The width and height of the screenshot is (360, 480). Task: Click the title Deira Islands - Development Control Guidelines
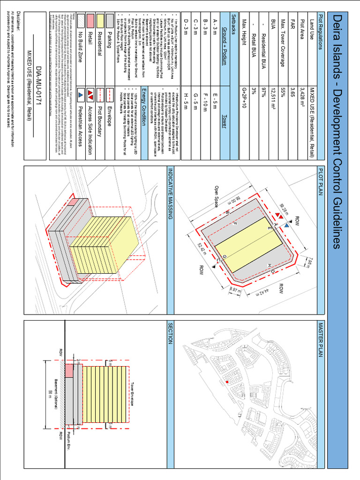tap(336, 132)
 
